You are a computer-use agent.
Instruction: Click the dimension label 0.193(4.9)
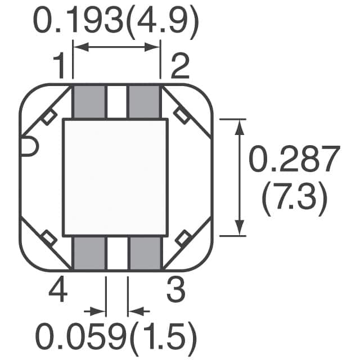pyautogui.click(x=115, y=22)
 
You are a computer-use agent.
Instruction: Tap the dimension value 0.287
pyautogui.click(x=294, y=159)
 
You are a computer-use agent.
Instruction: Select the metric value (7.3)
pyautogui.click(x=294, y=199)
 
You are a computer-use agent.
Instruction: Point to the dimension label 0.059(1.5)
pyautogui.click(x=116, y=339)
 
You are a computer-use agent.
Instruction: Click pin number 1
pyautogui.click(x=59, y=66)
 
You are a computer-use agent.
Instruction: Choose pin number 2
pyautogui.click(x=180, y=66)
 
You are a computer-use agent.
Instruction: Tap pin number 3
pyautogui.click(x=176, y=290)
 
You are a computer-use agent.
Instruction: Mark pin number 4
pyautogui.click(x=58, y=290)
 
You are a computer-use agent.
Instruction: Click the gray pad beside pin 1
pyautogui.click(x=89, y=102)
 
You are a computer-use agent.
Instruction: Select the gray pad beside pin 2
pyautogui.click(x=145, y=102)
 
